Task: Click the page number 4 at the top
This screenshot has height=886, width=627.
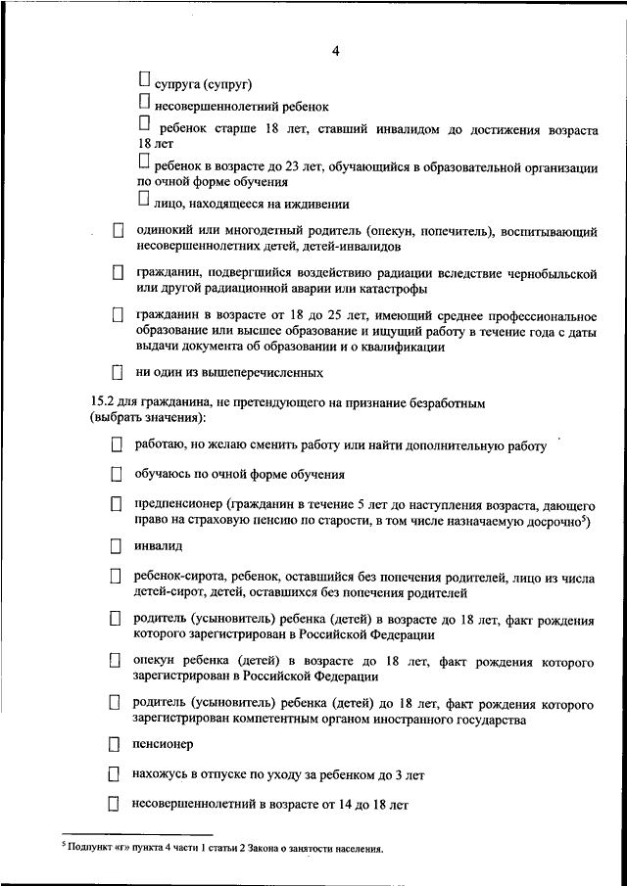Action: (334, 52)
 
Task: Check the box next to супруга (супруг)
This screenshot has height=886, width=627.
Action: (144, 76)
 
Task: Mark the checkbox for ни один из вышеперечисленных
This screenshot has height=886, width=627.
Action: (118, 372)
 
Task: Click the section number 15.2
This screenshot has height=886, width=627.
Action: (102, 402)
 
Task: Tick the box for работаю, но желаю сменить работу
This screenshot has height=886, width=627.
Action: (116, 445)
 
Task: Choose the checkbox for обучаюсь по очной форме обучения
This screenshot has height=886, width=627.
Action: (116, 475)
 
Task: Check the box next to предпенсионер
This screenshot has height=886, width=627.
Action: (116, 503)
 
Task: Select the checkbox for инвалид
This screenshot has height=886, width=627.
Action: (116, 546)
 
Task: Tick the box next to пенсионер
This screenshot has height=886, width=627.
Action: (115, 745)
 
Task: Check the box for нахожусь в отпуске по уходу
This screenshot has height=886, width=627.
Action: (115, 774)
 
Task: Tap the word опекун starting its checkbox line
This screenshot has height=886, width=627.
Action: (156, 662)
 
